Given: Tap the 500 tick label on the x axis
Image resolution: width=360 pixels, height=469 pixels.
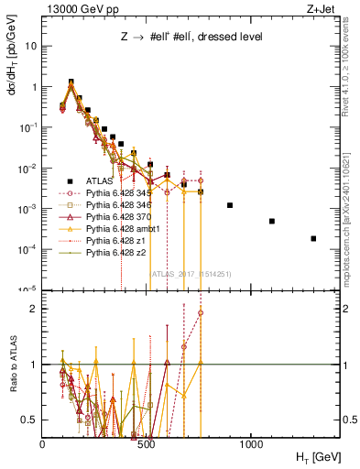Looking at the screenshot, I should (x=147, y=442).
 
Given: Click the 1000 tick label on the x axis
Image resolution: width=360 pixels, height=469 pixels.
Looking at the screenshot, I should (x=251, y=442).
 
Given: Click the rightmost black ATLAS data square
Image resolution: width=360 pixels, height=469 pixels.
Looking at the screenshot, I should (x=314, y=238).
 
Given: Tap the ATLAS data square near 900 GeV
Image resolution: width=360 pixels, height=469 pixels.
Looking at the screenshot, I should (x=230, y=205).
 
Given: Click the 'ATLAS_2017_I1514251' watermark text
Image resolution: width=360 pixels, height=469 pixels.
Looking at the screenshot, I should (x=190, y=272).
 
